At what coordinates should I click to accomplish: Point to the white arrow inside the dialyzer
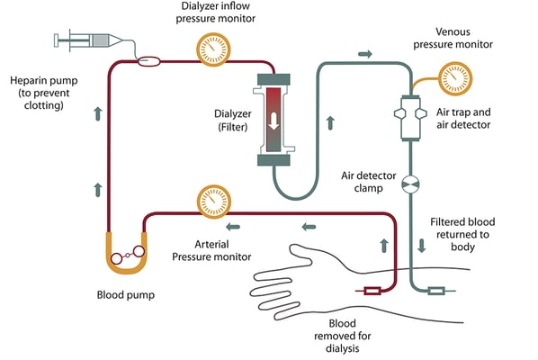click(274, 118)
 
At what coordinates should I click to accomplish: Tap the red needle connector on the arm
click(369, 290)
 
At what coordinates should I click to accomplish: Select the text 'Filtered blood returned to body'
click(462, 235)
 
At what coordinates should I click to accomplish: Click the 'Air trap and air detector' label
click(462, 117)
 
